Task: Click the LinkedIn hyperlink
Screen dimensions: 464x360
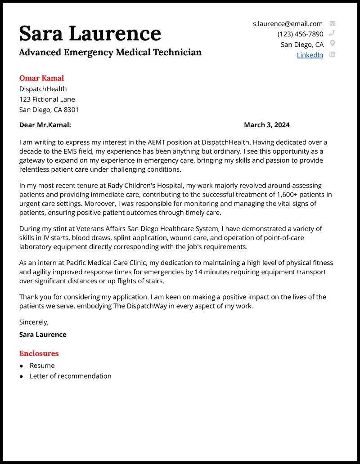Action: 310,55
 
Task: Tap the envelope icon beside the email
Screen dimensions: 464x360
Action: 333,23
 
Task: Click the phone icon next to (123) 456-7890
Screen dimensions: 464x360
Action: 333,33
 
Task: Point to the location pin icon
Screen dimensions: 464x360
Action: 333,44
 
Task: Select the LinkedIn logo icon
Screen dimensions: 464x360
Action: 333,54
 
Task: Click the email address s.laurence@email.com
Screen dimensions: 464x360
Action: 288,24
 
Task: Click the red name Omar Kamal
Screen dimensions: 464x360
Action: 41,78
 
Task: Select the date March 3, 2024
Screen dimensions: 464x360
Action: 266,125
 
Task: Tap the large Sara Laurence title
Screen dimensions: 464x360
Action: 90,33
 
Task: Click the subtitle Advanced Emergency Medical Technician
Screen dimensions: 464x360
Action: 110,52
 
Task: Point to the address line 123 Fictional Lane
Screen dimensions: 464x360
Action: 47,99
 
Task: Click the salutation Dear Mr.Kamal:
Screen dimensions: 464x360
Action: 45,125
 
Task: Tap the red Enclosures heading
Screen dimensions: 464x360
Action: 39,353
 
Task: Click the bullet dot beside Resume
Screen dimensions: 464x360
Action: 21,366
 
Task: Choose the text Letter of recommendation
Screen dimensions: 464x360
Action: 70,376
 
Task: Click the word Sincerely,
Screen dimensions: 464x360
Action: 34,322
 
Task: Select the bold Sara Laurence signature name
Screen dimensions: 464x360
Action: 43,335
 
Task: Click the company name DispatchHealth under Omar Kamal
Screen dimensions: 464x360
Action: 43,89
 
